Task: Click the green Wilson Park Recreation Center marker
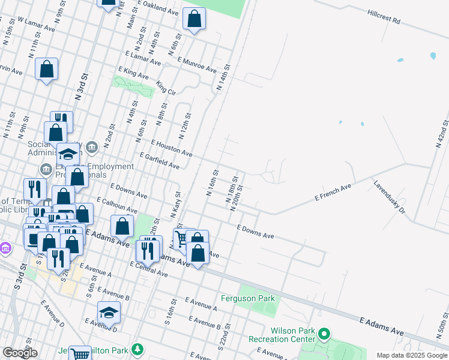pyautogui.click(x=324, y=333)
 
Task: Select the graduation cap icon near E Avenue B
pyautogui.click(x=109, y=313)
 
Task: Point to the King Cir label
pyautogui.click(x=165, y=88)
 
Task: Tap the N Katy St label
pyautogui.click(x=176, y=204)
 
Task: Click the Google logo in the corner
pyautogui.click(x=20, y=353)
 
